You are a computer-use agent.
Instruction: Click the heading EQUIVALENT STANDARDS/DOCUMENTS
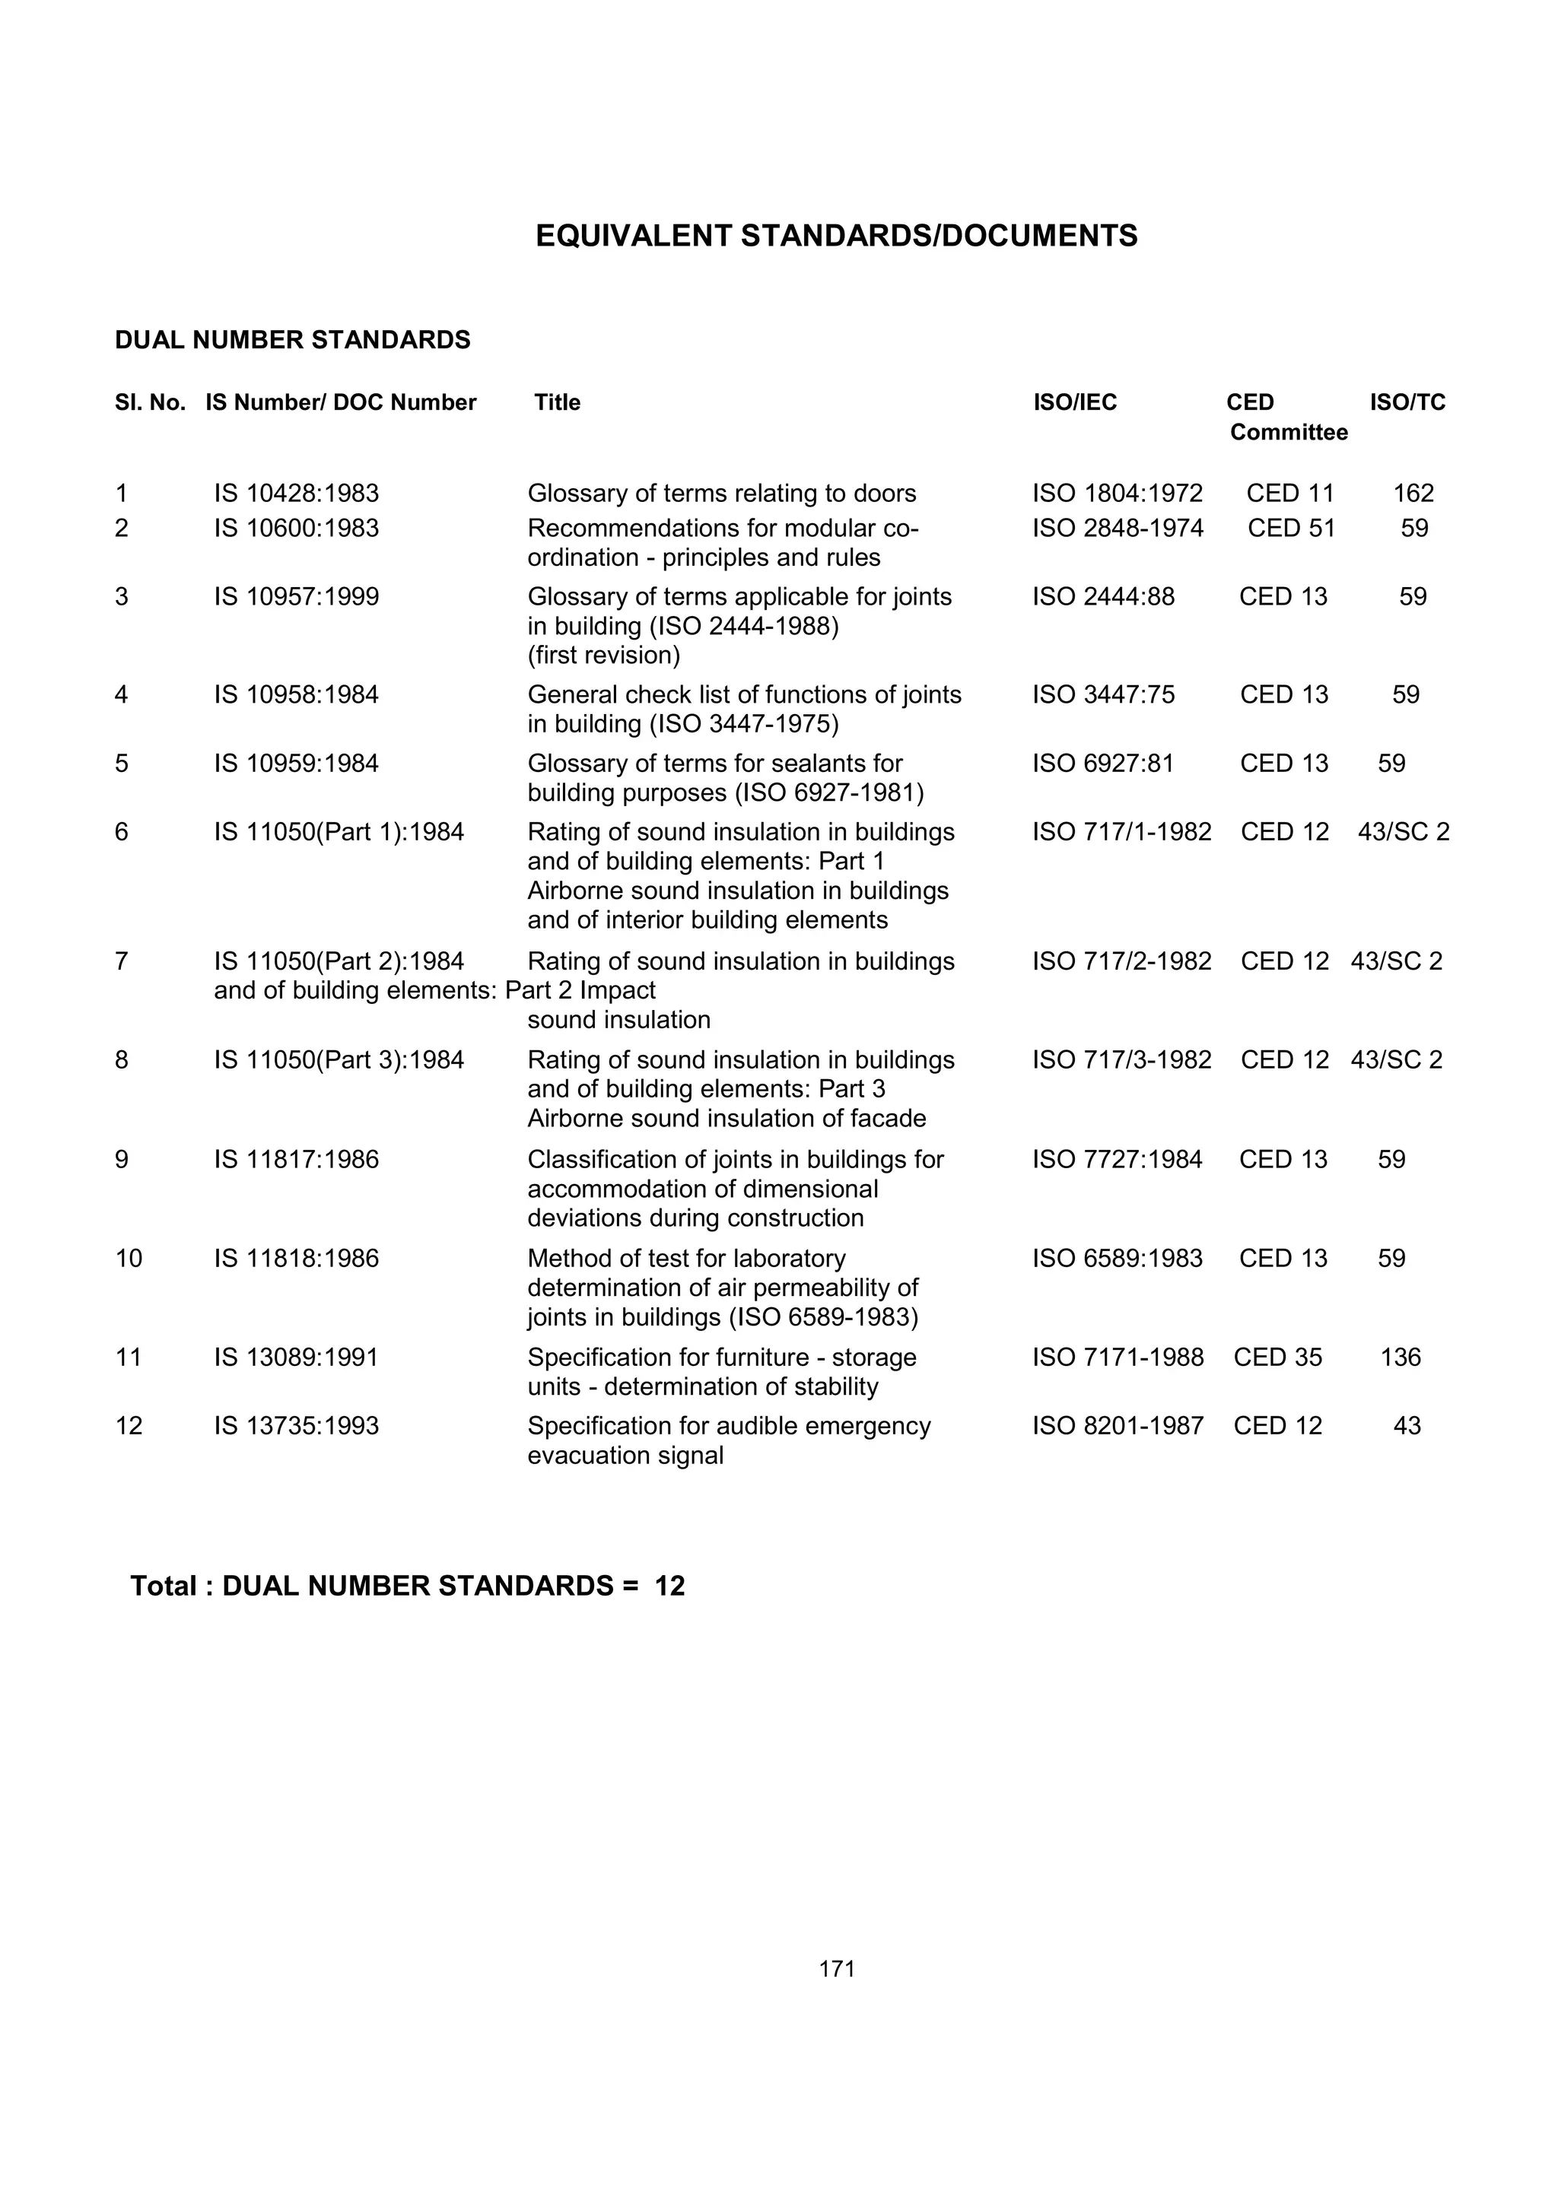coord(836,236)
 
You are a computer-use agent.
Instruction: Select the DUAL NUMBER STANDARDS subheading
coord(293,341)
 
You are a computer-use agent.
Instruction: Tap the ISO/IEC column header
coord(1074,402)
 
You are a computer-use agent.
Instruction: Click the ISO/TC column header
coord(1407,402)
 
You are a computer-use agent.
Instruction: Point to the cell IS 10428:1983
coord(296,494)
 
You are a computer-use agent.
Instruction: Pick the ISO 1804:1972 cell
coord(1117,494)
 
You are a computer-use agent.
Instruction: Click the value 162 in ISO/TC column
coord(1412,494)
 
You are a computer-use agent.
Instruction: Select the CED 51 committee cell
coord(1290,528)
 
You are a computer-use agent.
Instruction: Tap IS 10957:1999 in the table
coord(296,597)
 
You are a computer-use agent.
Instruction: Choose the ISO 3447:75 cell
coord(1103,695)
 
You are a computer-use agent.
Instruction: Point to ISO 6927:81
coord(1103,764)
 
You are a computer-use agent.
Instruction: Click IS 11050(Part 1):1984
coord(338,832)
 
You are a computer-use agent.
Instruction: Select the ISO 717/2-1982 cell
coord(1121,962)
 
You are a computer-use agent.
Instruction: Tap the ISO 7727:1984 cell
coord(1117,1160)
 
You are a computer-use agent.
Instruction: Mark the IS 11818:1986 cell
coord(296,1259)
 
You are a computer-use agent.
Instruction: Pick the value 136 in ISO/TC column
coord(1400,1358)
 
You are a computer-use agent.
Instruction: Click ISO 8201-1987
coord(1118,1427)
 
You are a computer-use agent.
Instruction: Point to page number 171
coord(836,1969)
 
